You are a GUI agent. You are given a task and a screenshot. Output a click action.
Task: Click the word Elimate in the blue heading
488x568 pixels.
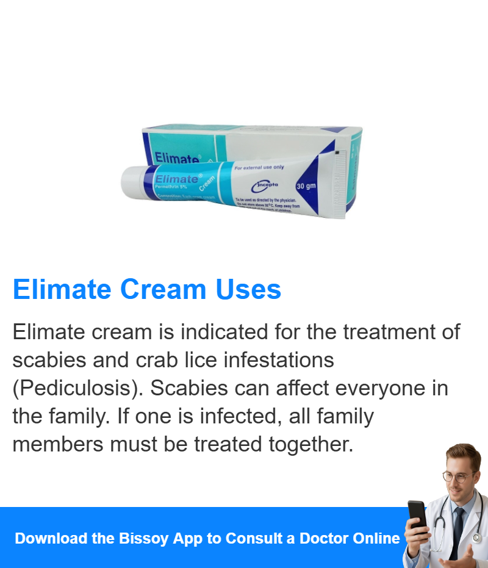point(60,289)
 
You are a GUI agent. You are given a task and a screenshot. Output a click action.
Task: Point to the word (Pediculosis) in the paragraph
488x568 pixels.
point(77,388)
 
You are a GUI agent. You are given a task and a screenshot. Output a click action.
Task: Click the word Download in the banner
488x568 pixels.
point(51,539)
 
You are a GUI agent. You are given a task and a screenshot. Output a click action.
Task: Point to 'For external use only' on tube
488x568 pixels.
point(259,167)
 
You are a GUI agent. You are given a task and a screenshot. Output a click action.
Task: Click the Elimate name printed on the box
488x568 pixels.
point(176,158)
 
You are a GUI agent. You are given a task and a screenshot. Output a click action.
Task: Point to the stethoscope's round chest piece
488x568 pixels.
point(476,538)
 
